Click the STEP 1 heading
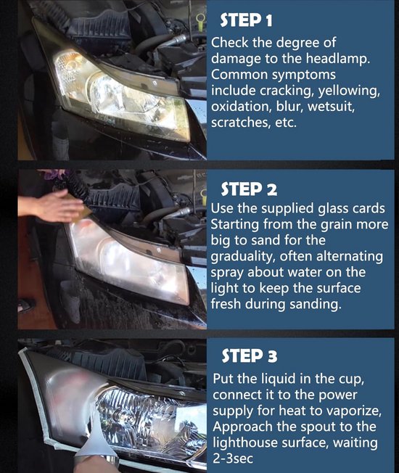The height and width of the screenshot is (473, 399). pos(246,20)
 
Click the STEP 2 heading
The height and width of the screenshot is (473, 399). pos(249,189)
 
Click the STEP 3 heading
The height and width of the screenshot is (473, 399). pos(250,355)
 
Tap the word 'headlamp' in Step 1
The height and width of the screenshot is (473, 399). pos(338,59)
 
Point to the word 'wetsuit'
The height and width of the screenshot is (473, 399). pos(331,107)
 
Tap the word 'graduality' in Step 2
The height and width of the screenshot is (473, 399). pos(243,257)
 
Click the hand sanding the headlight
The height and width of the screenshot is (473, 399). pos(57,206)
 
